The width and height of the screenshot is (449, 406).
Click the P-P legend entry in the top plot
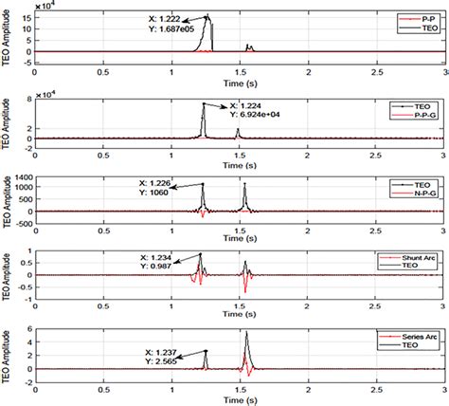pyautogui.click(x=422, y=17)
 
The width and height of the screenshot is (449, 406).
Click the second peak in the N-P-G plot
pyautogui.click(x=245, y=184)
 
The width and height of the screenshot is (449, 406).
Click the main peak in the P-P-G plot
pyautogui.click(x=204, y=104)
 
